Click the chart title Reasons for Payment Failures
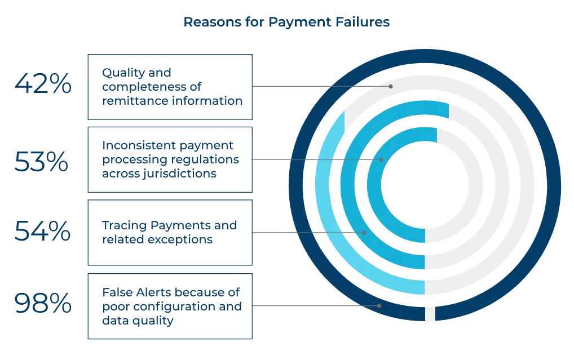pos(286,23)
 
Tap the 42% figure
pos(43,84)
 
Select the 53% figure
pos(41,161)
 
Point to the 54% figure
pos(42,231)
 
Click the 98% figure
pos(43,303)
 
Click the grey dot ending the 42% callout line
pos(391,86)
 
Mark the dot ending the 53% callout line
pos(381,159)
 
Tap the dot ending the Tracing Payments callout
pos(364,232)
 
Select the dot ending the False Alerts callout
pos(379,305)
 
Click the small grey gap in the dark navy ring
pos(430,314)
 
